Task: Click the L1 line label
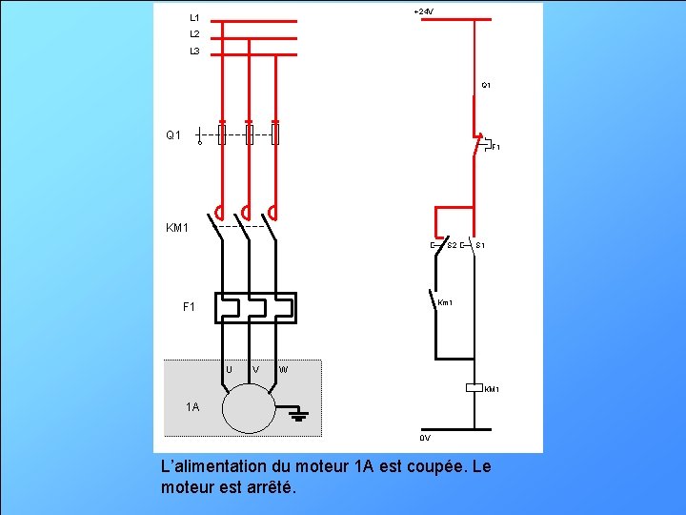tap(194, 17)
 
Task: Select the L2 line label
tap(194, 34)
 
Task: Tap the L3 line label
tap(194, 51)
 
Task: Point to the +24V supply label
tap(424, 11)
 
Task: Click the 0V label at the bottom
tap(425, 438)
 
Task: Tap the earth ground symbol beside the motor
tap(298, 415)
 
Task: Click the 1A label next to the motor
tap(193, 407)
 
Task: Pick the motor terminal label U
tap(230, 369)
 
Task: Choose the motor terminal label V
tap(255, 369)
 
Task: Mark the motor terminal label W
tap(284, 369)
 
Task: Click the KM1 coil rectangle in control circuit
tap(474, 388)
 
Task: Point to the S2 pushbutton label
tap(452, 246)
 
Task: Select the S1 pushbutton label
tap(481, 246)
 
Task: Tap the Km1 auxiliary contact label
tap(445, 303)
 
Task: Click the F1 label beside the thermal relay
tap(189, 307)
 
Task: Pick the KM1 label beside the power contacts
tap(177, 229)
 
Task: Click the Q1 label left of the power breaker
tap(172, 135)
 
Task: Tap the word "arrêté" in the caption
tap(271, 488)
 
